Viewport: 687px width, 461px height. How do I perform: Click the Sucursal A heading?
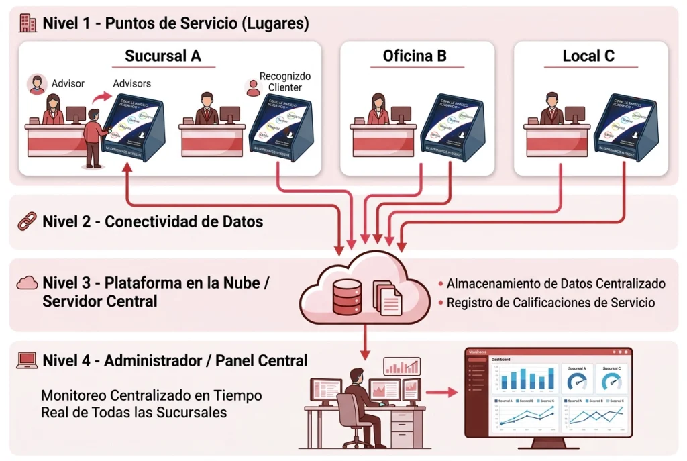[x=163, y=56]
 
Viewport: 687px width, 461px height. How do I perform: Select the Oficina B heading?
[x=415, y=56]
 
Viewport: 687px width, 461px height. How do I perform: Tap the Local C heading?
[x=588, y=56]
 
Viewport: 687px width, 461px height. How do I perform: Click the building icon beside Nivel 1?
[x=28, y=23]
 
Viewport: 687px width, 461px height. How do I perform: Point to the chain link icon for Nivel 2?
[x=27, y=221]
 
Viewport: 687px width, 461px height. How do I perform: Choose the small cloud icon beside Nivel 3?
[x=27, y=283]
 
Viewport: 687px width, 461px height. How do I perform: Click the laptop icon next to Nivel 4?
[x=27, y=360]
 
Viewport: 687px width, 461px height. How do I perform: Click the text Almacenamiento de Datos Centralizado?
[x=556, y=283]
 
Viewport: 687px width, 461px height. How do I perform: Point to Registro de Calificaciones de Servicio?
[x=550, y=303]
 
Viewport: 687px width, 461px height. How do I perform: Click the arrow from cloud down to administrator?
[x=364, y=342]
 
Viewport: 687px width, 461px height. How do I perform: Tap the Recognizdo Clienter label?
[x=285, y=82]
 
